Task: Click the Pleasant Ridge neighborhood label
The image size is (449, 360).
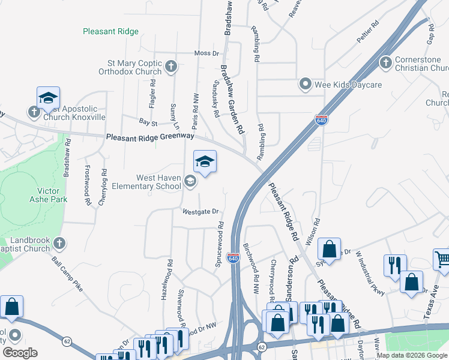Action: (111, 31)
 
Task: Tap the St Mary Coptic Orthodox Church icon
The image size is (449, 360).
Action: (171, 66)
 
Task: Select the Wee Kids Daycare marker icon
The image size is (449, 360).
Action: (306, 85)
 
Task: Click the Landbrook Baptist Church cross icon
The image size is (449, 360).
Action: (59, 243)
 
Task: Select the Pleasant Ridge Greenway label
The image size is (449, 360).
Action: (150, 137)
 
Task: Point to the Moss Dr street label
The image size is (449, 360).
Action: (206, 53)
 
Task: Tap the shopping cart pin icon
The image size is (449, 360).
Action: (442, 259)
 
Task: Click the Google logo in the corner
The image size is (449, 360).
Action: (20, 353)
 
